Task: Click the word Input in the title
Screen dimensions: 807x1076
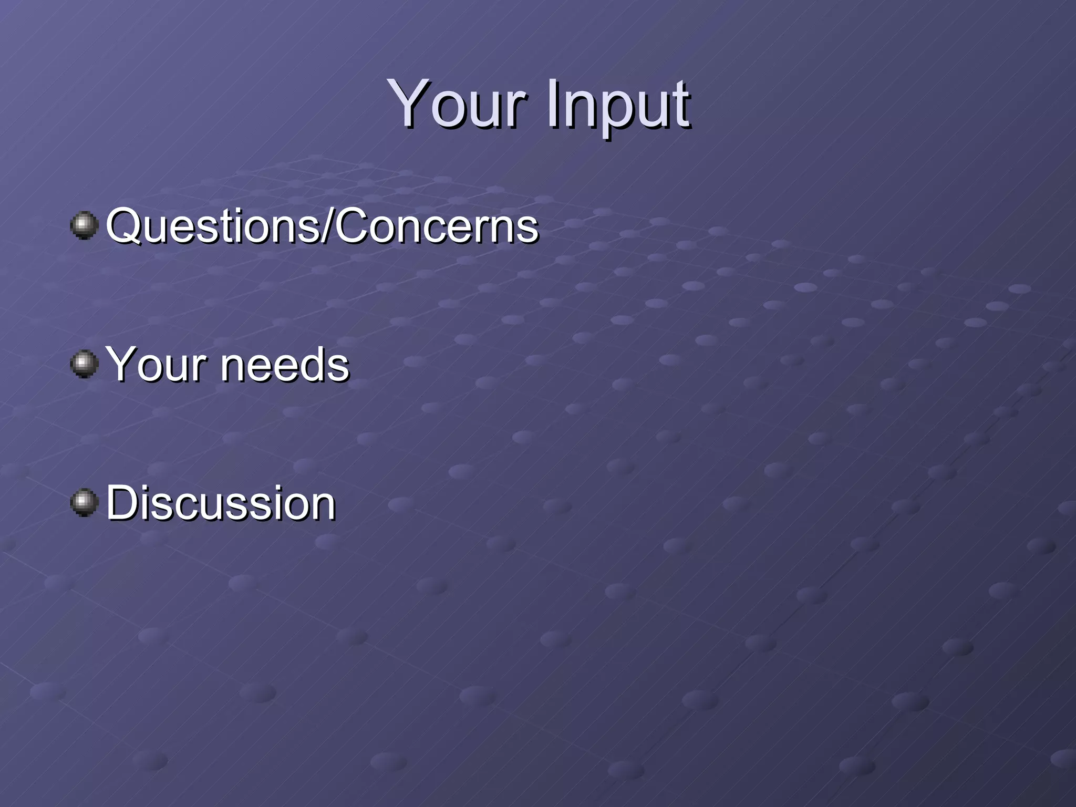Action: tap(618, 105)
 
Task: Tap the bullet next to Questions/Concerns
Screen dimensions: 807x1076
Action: tap(84, 225)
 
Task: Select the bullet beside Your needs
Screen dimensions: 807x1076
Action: tap(84, 364)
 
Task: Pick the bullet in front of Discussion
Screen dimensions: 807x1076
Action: tap(84, 502)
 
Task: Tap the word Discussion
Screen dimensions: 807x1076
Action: tap(221, 503)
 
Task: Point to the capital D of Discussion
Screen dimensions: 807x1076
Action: tap(124, 502)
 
